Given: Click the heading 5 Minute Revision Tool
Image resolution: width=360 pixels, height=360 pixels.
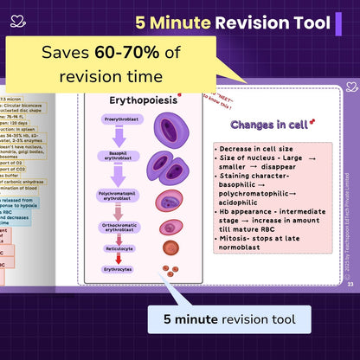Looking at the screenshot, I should pos(232,22).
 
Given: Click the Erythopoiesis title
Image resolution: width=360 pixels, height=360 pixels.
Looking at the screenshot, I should pos(143,100).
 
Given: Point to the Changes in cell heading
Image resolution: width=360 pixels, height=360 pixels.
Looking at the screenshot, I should pos(264,125).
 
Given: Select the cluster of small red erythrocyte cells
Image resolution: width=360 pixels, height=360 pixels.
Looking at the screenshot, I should pos(171,270).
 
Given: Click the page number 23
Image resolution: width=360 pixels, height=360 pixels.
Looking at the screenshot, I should pos(350,284).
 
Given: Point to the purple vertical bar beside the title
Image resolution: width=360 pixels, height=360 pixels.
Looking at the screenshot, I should pos(338,22).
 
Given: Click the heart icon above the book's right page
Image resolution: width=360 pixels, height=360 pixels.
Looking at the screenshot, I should pos(350,86).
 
